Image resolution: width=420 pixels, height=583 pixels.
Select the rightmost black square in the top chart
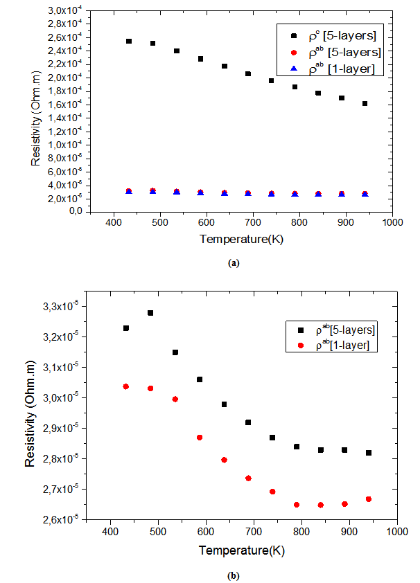click(365, 104)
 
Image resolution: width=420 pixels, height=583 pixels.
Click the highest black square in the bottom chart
click(150, 313)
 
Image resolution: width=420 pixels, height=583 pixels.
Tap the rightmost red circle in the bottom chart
click(369, 499)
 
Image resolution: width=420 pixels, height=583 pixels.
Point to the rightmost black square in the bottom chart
click(369, 453)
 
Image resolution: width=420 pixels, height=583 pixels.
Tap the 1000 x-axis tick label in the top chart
click(392, 224)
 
